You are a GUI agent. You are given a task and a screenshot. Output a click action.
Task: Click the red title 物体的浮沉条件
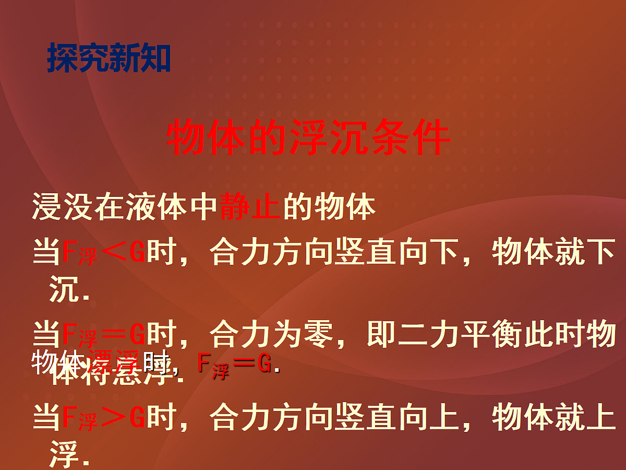point(308,139)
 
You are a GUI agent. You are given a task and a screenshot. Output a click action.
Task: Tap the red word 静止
point(251,207)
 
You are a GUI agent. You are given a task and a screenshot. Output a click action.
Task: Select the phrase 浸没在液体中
point(125,207)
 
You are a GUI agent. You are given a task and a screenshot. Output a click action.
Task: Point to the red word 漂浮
point(110,361)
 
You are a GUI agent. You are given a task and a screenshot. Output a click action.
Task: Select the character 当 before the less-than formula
point(46,254)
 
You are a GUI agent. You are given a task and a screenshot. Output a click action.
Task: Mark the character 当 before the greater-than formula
point(46,418)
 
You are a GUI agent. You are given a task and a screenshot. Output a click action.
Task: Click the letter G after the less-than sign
point(137,254)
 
